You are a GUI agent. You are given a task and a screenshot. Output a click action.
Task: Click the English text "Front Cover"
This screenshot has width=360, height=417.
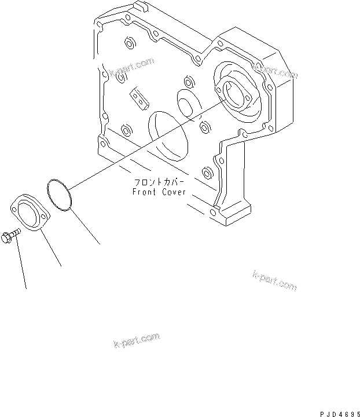tap(158, 192)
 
